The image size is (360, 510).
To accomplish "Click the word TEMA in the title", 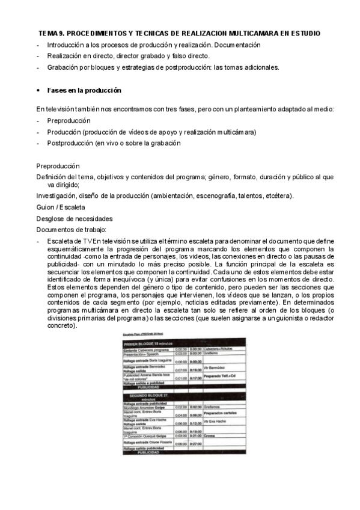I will (x=47, y=33).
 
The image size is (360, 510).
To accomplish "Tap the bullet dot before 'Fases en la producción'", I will (x=38, y=90).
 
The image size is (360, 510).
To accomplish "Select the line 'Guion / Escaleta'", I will (x=60, y=207).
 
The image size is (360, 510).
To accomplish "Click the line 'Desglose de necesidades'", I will (x=74, y=218).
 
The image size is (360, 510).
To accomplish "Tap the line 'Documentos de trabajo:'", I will (x=71, y=229).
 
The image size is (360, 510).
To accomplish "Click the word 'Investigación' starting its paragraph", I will (x=57, y=196).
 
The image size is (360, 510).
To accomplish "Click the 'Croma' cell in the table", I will (x=209, y=435).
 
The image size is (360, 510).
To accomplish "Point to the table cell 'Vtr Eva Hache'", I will (x=218, y=422).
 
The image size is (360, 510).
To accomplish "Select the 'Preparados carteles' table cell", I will (x=222, y=413).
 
